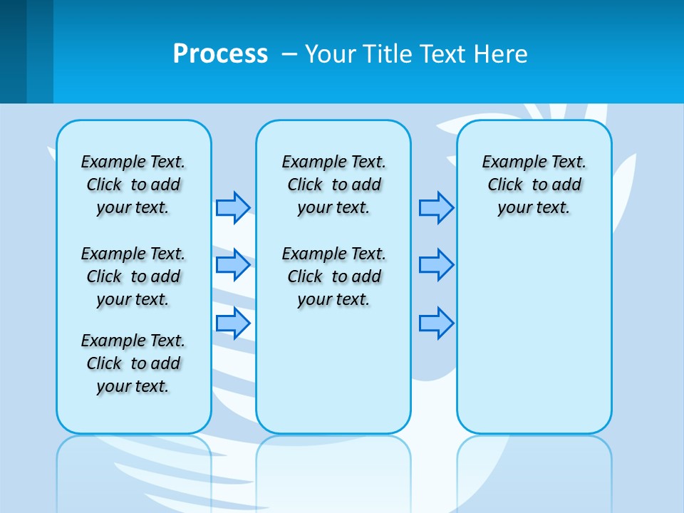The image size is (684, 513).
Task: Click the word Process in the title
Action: [x=220, y=53]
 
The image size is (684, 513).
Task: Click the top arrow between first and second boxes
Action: [x=233, y=207]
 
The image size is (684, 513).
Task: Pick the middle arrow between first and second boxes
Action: [x=233, y=265]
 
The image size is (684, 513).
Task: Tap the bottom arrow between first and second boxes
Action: [x=233, y=323]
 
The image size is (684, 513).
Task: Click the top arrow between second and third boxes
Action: [x=436, y=207]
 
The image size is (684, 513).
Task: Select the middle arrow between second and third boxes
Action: [x=436, y=265]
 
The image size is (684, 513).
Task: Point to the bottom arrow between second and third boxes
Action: [x=436, y=323]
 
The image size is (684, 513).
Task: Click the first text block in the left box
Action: [x=133, y=185]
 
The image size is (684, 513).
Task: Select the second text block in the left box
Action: [x=133, y=276]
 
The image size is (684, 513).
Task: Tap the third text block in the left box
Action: [x=133, y=363]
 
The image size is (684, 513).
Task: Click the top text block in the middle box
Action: [x=333, y=185]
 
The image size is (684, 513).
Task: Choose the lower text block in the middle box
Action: [x=333, y=276]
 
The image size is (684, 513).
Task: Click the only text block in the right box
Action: [x=534, y=185]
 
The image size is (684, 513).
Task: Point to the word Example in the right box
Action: [x=508, y=162]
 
